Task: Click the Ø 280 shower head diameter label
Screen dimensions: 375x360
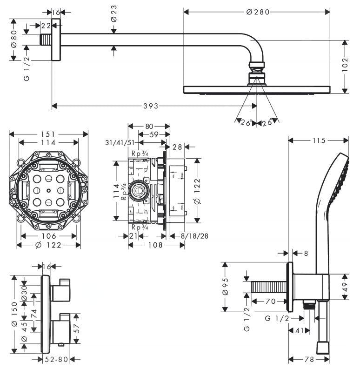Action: pos(257,12)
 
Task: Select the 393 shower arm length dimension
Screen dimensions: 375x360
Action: pos(150,106)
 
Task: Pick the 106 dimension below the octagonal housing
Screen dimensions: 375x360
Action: pos(48,236)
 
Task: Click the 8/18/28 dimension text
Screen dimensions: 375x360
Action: pos(194,236)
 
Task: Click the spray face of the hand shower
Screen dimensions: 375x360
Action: pos(344,179)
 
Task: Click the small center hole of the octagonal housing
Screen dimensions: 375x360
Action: pos(48,191)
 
